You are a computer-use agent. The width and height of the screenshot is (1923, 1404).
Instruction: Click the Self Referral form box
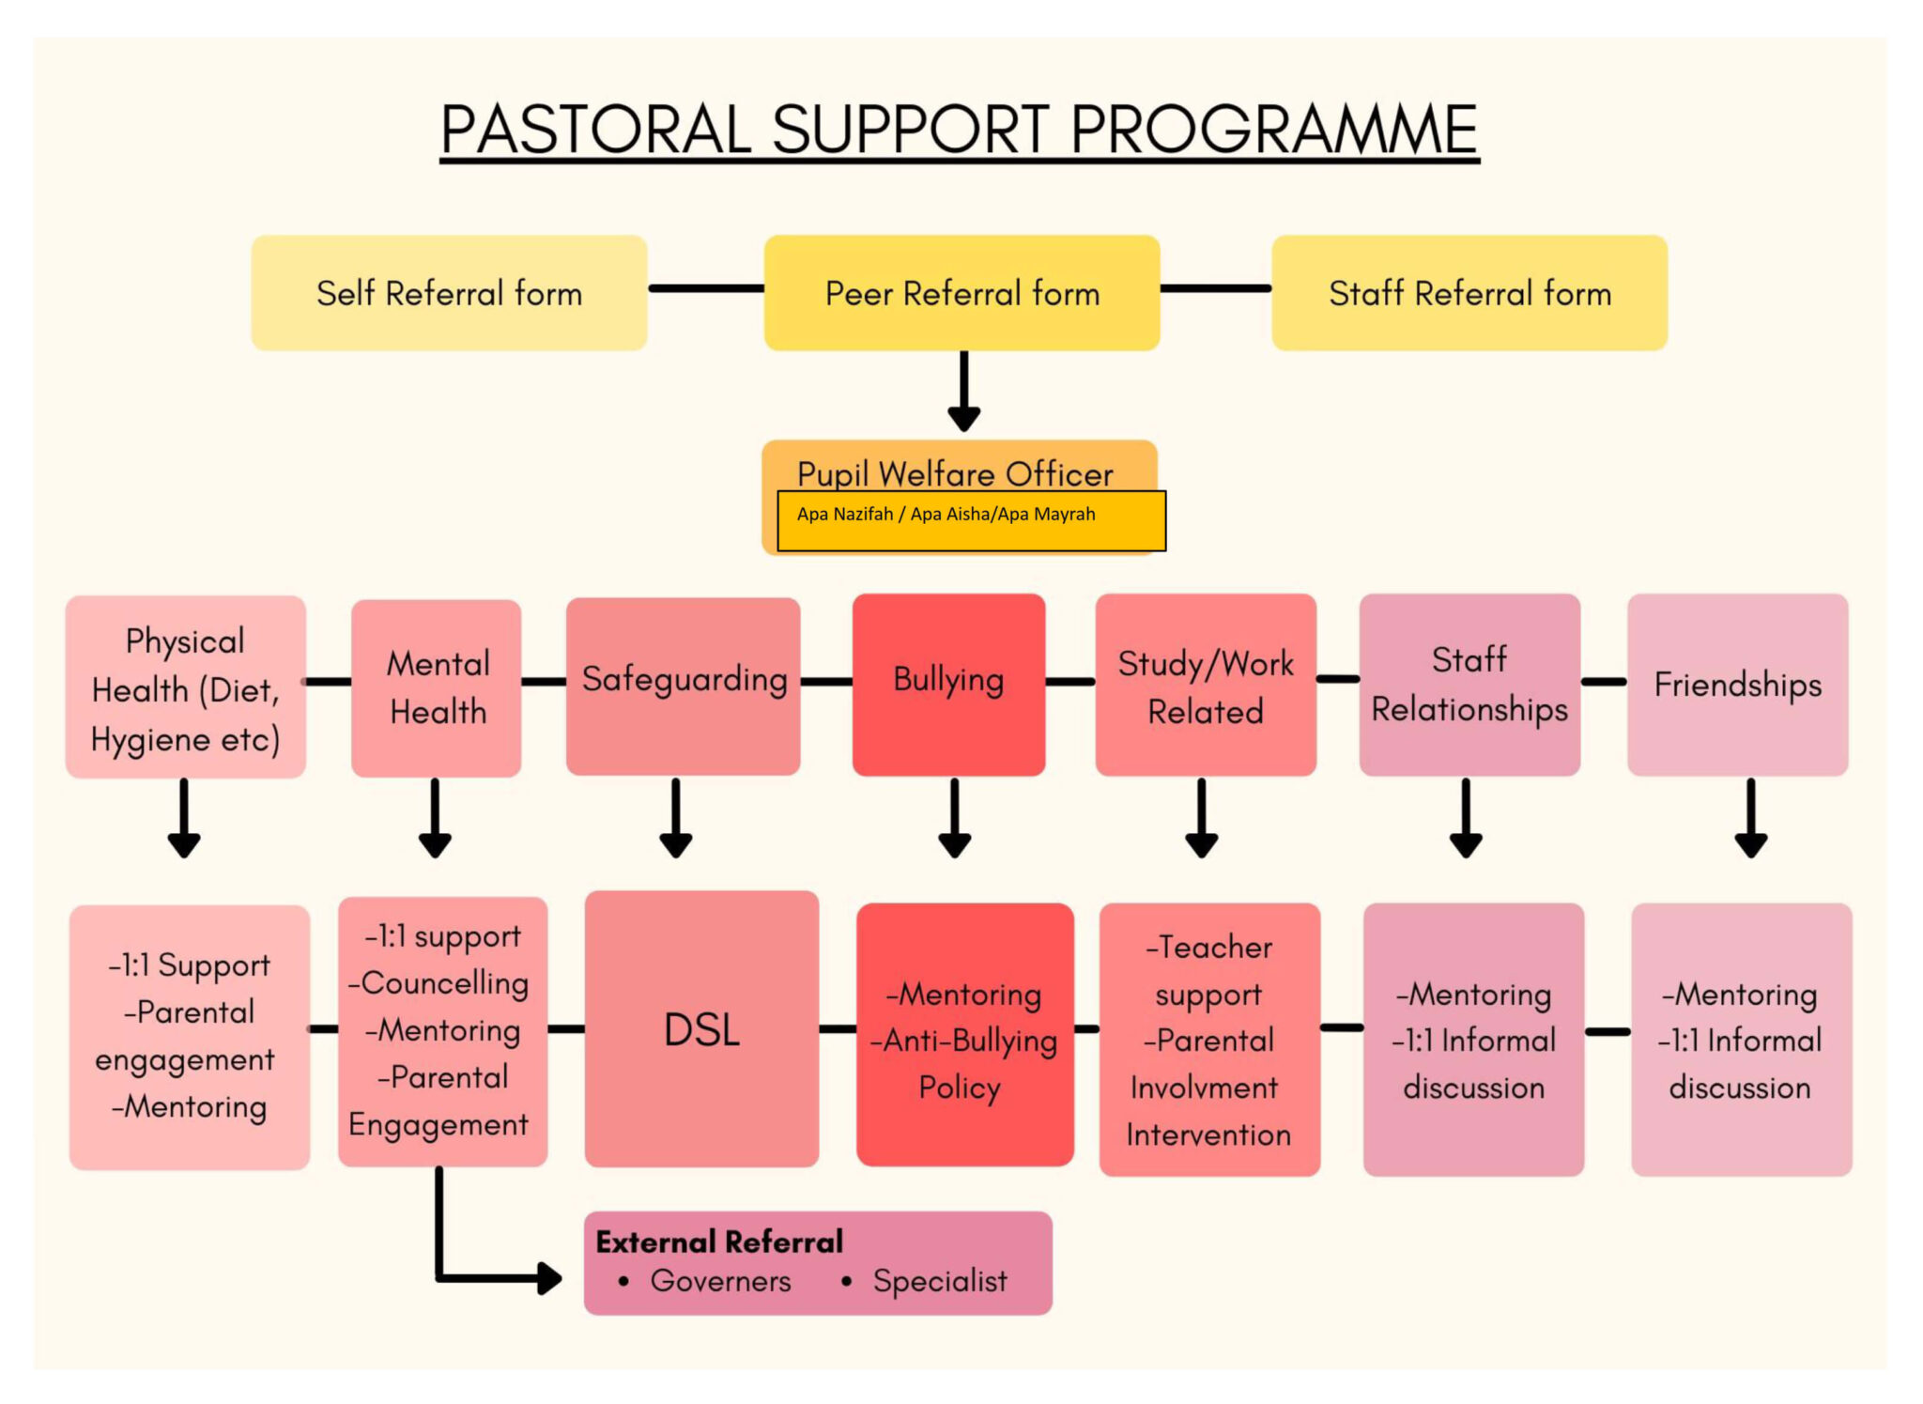point(449,293)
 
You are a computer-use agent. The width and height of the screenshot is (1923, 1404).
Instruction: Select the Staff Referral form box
point(1469,293)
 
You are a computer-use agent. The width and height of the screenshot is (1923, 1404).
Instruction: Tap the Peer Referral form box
point(961,293)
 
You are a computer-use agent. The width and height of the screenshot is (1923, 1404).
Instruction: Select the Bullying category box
point(948,683)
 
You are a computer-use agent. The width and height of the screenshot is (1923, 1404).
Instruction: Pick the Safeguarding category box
point(684,683)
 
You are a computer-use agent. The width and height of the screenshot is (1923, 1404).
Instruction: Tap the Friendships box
point(1737,684)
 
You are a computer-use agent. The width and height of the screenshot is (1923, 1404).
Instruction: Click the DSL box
point(701,1029)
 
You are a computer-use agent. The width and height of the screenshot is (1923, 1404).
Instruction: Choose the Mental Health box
point(437,687)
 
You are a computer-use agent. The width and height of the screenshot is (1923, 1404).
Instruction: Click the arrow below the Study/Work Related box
point(1202,818)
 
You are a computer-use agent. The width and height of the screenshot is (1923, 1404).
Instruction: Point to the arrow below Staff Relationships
point(1466,818)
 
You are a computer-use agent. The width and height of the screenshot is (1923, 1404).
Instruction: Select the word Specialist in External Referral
point(939,1281)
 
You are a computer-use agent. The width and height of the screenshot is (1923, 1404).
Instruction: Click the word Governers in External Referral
point(720,1281)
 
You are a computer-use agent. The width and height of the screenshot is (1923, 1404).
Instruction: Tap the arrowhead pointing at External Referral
point(548,1277)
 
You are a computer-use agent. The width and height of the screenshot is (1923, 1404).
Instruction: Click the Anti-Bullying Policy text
point(965,1063)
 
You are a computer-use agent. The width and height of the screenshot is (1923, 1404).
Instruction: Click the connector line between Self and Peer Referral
point(705,288)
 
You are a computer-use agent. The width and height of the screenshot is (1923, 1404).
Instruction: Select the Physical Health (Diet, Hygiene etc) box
point(185,688)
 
